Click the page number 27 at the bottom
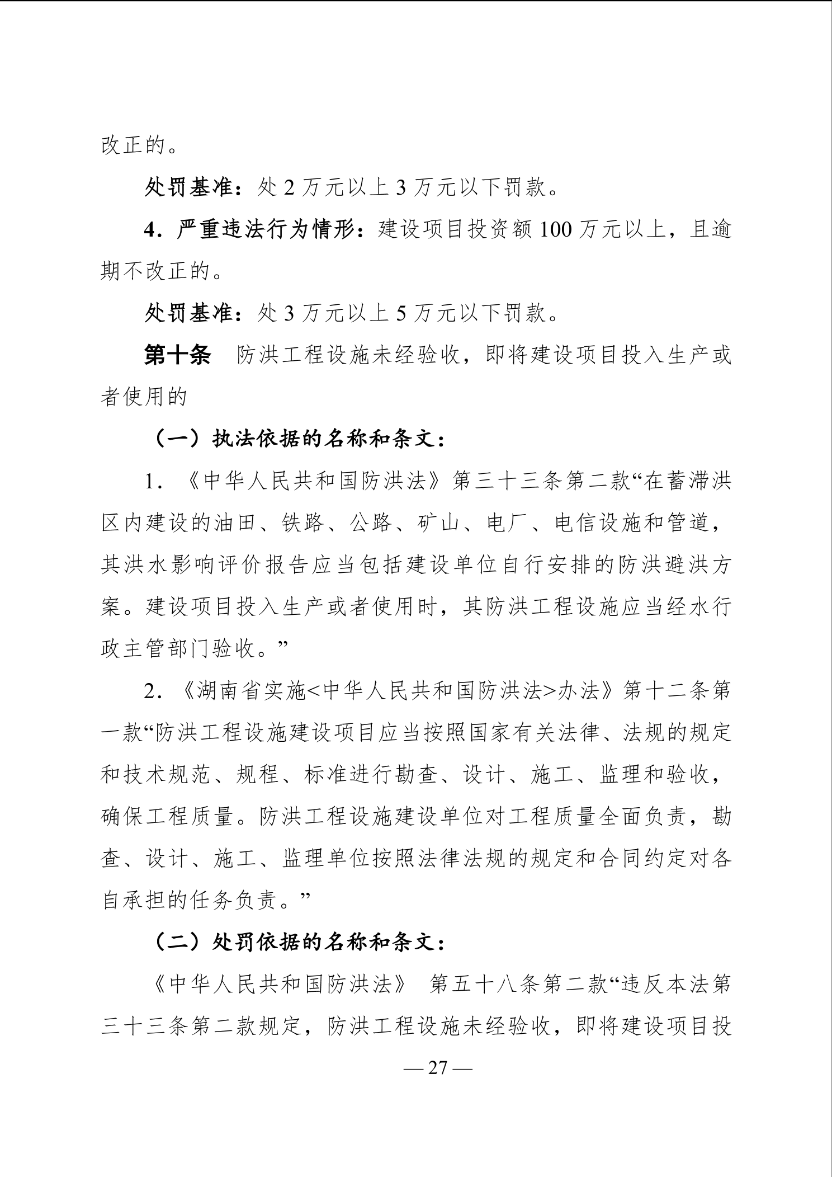(438, 1067)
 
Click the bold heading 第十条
(177, 355)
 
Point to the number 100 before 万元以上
(555, 229)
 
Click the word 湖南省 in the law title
(229, 691)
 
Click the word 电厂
(507, 523)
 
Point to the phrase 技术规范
(167, 775)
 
